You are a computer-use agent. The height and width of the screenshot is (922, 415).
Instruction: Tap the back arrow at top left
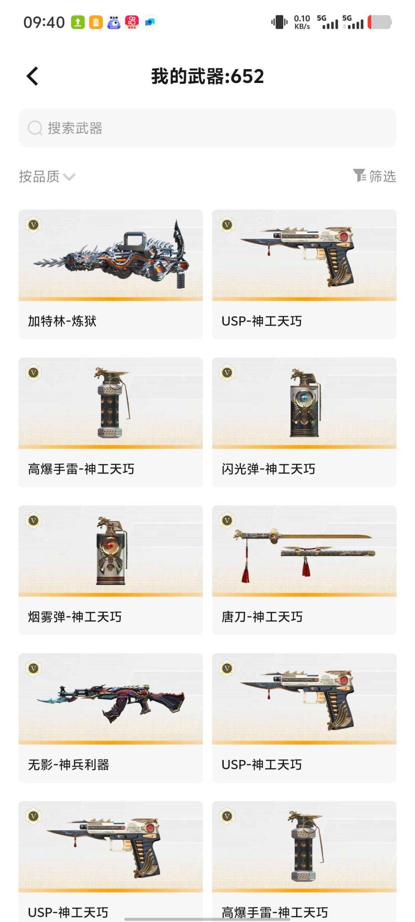(33, 76)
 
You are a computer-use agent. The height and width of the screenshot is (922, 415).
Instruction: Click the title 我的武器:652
(207, 76)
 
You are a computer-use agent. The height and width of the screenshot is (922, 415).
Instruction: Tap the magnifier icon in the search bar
(35, 128)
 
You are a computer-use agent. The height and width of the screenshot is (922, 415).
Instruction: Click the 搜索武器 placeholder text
(75, 128)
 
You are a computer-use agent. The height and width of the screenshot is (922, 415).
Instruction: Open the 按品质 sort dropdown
(47, 176)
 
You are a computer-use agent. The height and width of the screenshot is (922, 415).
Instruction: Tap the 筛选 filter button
(375, 176)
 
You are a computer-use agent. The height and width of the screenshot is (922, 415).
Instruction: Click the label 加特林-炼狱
(62, 321)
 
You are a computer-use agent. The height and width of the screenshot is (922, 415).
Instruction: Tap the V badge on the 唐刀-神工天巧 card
(227, 521)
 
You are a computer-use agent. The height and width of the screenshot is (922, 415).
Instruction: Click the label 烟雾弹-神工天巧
(75, 617)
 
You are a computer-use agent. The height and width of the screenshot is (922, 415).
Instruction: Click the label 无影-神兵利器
(68, 764)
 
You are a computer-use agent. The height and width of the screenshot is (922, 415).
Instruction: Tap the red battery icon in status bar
(380, 22)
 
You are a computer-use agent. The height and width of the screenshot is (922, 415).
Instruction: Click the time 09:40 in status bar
(44, 22)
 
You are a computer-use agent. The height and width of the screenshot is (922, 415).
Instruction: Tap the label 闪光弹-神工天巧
(268, 469)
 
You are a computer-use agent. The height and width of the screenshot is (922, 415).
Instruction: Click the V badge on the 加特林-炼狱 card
(34, 225)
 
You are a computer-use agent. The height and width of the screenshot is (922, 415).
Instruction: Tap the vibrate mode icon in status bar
(279, 22)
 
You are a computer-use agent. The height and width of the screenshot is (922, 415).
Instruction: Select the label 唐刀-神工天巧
(262, 617)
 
